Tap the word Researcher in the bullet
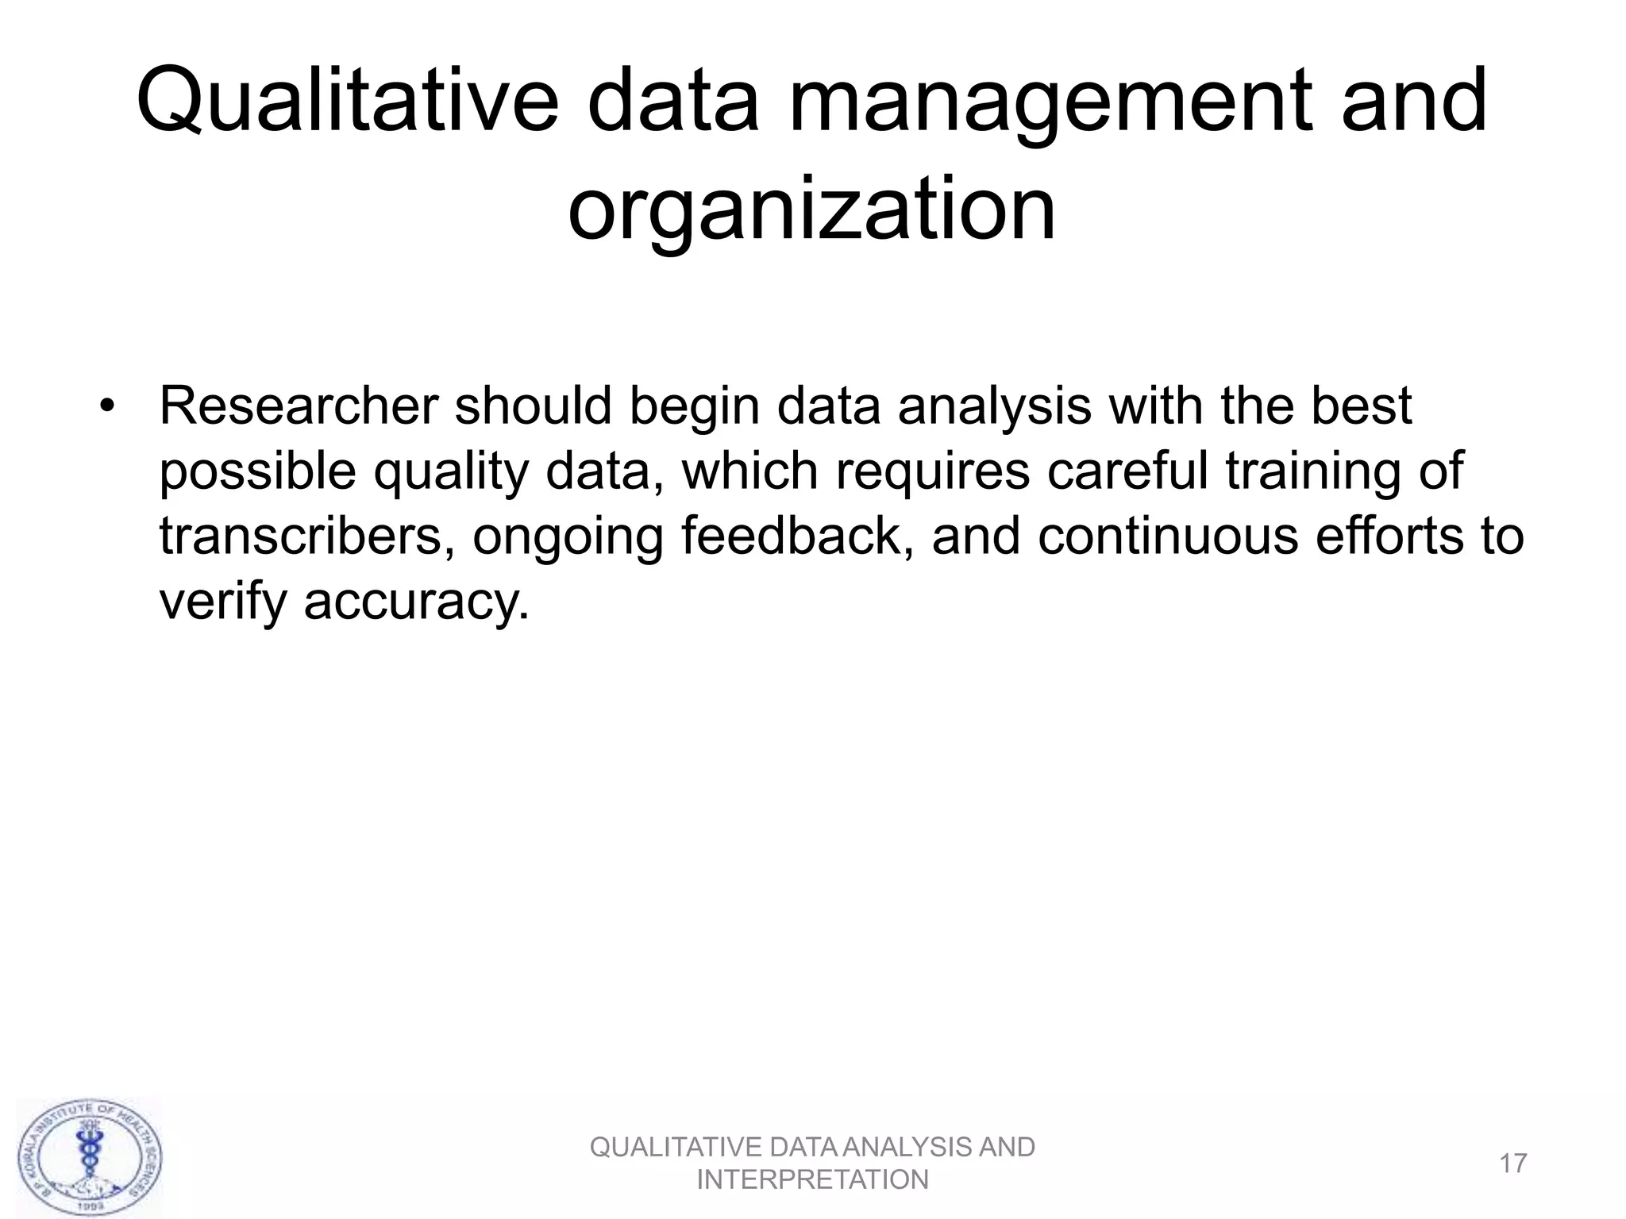pos(299,406)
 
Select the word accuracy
pos(416,602)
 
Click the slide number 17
pos(1513,1163)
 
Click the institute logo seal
pos(89,1156)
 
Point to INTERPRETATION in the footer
pos(812,1180)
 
